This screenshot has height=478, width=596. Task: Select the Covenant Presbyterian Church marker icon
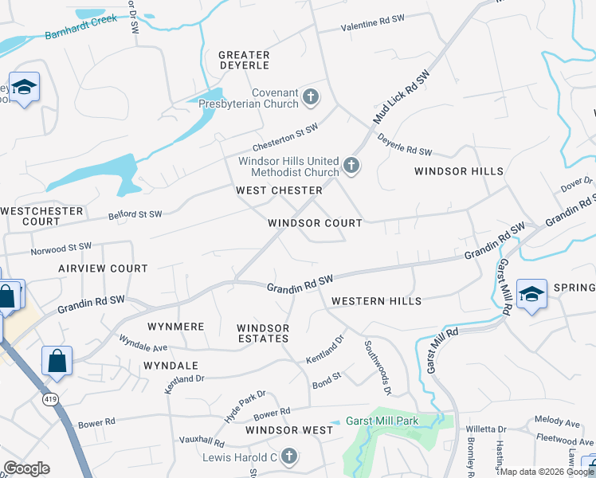tap(311, 98)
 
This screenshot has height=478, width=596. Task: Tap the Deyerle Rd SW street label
tap(404, 144)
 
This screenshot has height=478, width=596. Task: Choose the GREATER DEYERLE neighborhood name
tap(244, 61)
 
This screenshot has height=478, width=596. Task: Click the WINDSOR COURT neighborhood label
tap(315, 223)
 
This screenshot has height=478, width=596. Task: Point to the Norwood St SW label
tap(61, 249)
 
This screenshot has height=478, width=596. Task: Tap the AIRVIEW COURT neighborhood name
tap(103, 268)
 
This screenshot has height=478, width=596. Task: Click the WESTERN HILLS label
tap(376, 301)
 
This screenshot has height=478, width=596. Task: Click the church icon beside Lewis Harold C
tap(288, 456)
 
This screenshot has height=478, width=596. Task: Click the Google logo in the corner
tap(26, 468)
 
